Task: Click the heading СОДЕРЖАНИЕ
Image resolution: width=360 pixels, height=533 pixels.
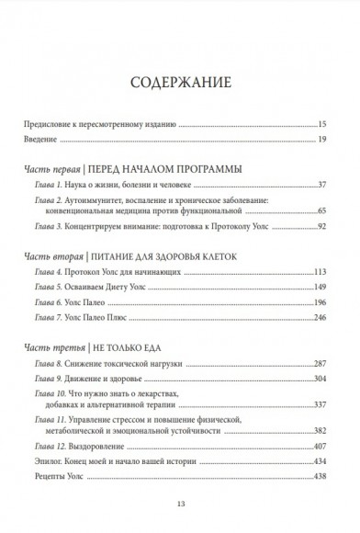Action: [180, 80]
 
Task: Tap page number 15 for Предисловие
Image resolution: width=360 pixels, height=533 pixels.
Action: [335, 122]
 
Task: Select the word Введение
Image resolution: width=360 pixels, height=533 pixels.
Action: [39, 140]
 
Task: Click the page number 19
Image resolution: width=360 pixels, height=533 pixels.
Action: [335, 140]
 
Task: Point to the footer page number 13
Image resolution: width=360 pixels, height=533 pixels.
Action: [180, 504]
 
